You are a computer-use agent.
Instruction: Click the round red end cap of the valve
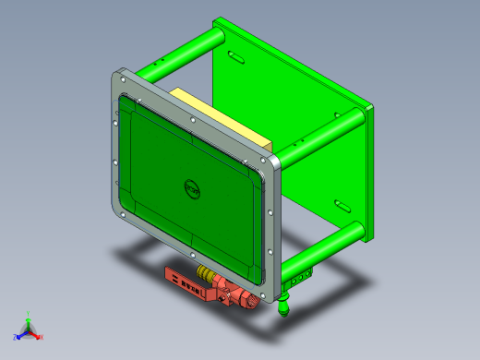click(x=250, y=300)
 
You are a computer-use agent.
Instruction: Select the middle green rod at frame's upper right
click(x=318, y=135)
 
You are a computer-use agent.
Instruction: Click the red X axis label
click(x=42, y=337)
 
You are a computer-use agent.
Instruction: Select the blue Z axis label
click(x=16, y=336)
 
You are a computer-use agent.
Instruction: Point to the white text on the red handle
click(x=185, y=281)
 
